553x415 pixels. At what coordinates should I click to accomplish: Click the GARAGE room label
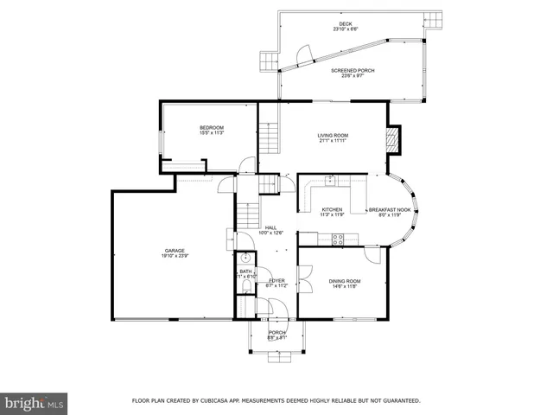click(175, 251)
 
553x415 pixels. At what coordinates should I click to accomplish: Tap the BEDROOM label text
click(212, 128)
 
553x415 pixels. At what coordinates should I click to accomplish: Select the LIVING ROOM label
click(332, 136)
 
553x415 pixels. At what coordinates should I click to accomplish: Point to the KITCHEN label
click(333, 210)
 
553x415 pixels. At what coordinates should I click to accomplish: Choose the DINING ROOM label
click(344, 281)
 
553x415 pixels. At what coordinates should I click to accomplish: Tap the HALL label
click(270, 227)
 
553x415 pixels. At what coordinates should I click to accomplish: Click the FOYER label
click(276, 281)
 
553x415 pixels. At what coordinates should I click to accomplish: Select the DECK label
click(346, 24)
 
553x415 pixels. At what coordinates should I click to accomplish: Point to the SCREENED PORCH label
click(353, 71)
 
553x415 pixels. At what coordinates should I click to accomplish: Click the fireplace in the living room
click(394, 140)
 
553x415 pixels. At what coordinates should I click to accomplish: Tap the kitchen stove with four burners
click(337, 240)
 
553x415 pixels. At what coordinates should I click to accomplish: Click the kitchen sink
click(331, 181)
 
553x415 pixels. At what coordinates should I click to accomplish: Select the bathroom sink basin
click(245, 259)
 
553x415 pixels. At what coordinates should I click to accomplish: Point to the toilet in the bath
click(245, 284)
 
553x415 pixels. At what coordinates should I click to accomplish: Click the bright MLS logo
click(35, 403)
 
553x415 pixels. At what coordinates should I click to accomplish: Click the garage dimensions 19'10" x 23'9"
click(175, 257)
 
